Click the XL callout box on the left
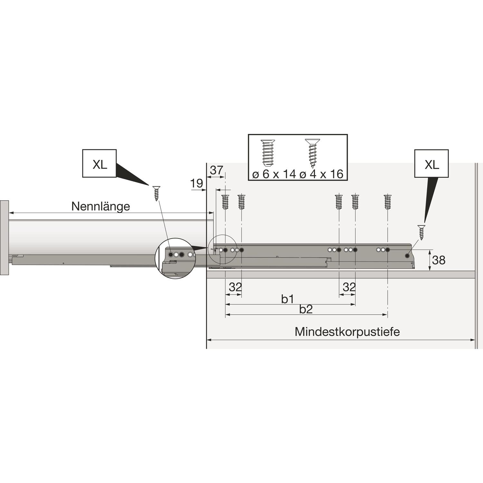(99, 163)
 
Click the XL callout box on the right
(431, 163)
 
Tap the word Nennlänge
(101, 206)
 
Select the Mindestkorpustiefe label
(347, 331)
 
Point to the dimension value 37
(216, 170)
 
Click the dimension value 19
(196, 184)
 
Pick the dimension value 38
(439, 260)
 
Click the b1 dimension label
(288, 299)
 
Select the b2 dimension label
(306, 309)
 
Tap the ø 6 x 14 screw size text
(274, 174)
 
